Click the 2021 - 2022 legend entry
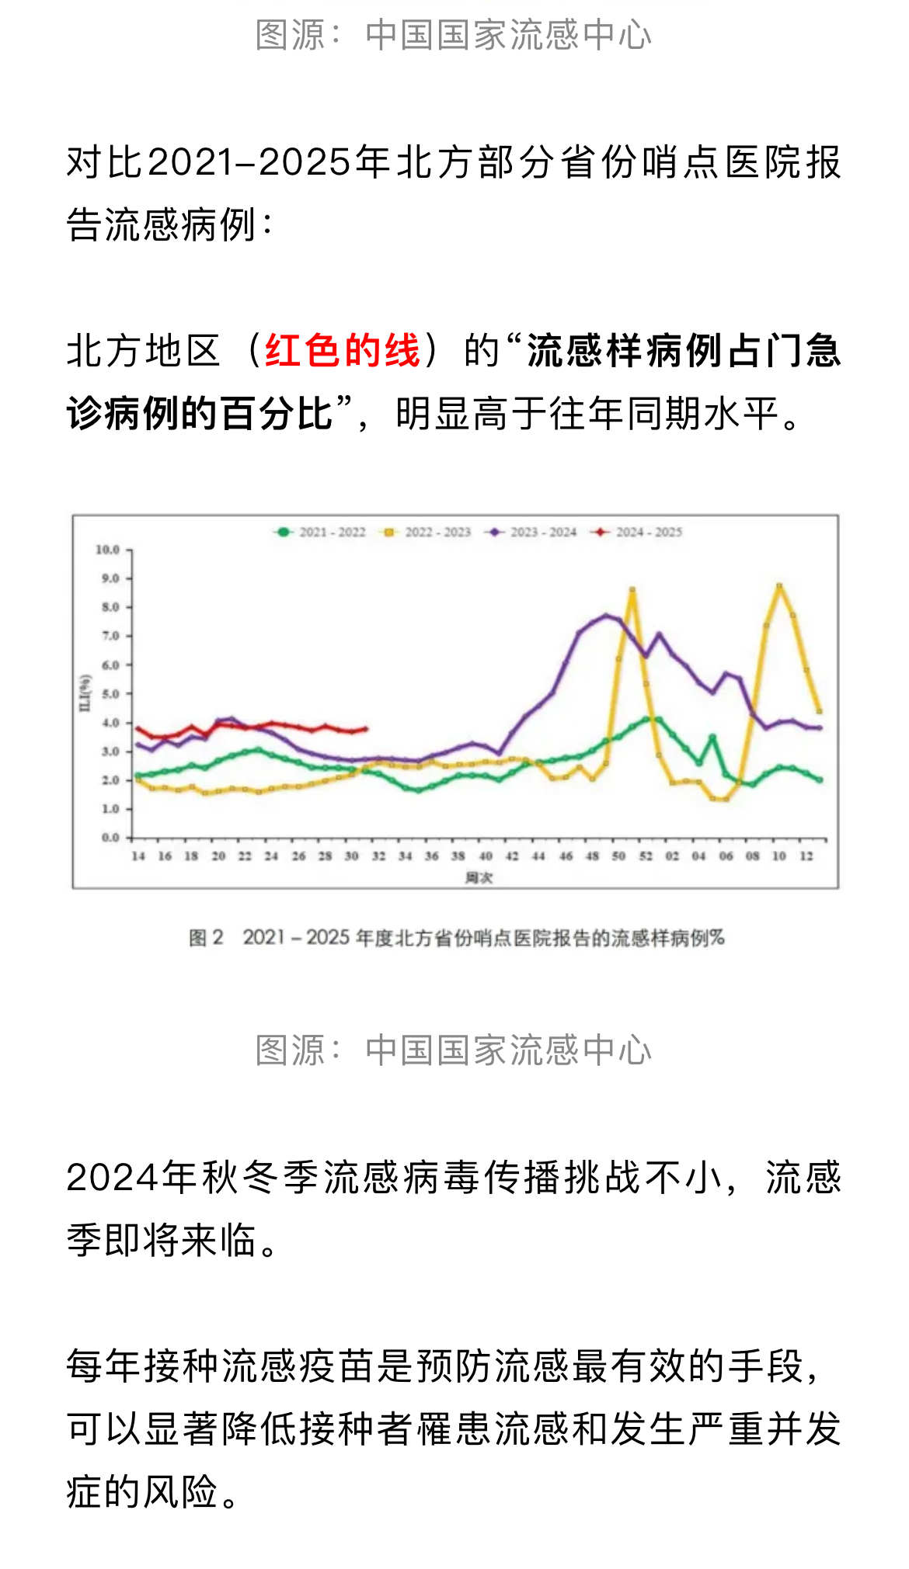coord(321,533)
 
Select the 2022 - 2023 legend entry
coord(427,533)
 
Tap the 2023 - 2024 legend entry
coord(532,533)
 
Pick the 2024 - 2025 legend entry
coord(638,533)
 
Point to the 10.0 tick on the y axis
coord(108,550)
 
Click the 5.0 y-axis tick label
coord(110,694)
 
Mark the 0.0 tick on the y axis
coord(110,838)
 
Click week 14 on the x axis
coord(138,856)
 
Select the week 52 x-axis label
coord(646,856)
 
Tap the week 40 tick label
coord(486,856)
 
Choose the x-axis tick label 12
coord(806,856)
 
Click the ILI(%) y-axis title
coord(85,693)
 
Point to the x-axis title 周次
coord(479,878)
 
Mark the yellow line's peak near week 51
coord(632,590)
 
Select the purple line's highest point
coord(606,616)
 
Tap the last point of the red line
coord(365,729)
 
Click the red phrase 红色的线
coord(343,350)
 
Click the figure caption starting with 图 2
coord(456,938)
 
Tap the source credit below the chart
coord(454,1050)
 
